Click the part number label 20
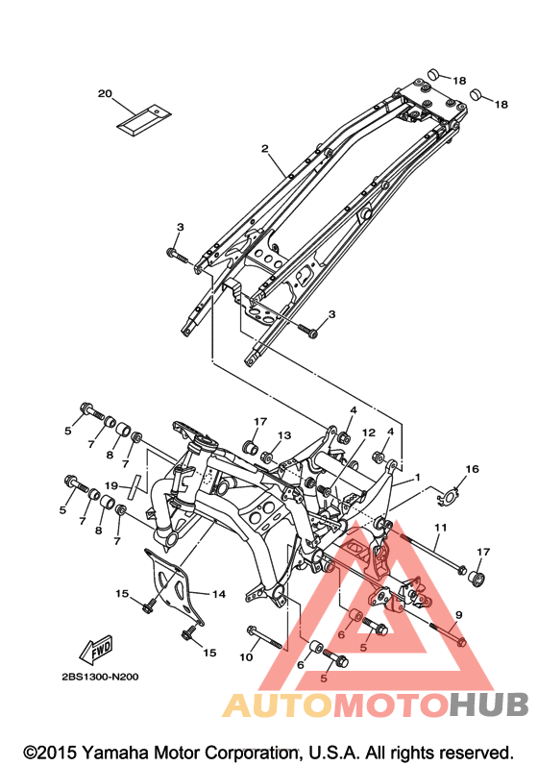105,93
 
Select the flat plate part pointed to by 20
143,120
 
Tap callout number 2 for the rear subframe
264,148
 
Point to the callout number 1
417,477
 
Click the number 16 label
472,469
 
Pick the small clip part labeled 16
447,497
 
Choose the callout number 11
440,528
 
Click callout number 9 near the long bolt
458,614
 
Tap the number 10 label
247,657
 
